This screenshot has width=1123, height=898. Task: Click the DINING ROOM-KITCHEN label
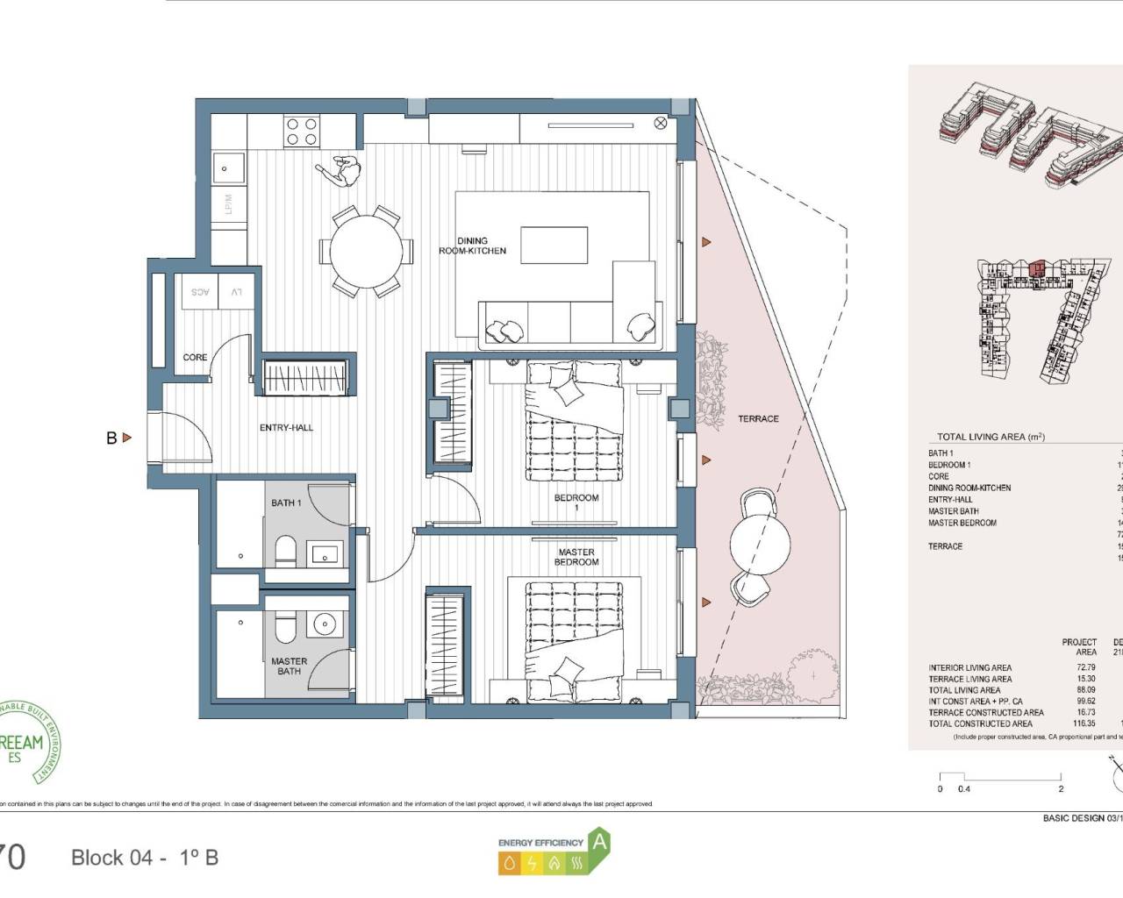(472, 246)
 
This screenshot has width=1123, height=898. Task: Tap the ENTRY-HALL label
(286, 428)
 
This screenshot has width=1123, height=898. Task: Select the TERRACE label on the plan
(758, 419)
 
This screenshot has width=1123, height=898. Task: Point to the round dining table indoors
(368, 252)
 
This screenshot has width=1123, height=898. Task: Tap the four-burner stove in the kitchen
(301, 132)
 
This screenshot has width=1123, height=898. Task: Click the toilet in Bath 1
(286, 551)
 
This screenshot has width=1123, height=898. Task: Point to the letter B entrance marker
(111, 438)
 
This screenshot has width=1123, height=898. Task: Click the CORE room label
(195, 358)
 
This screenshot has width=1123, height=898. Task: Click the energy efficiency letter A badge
(599, 843)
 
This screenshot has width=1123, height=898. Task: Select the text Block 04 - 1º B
(145, 858)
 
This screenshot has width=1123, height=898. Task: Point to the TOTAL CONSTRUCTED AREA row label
(980, 724)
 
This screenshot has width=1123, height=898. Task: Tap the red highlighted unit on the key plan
(1038, 267)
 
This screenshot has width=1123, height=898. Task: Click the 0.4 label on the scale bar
(964, 789)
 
